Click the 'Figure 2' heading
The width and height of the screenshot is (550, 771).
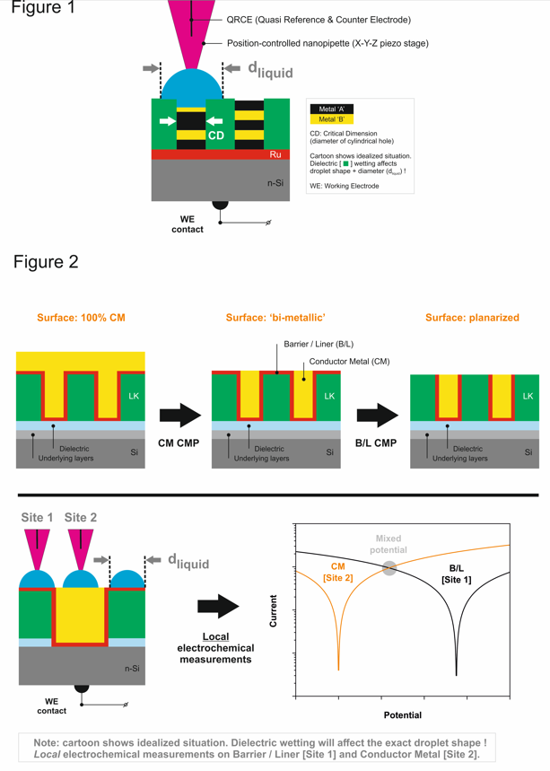pyautogui.click(x=46, y=262)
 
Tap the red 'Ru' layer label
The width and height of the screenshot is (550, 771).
pyautogui.click(x=275, y=154)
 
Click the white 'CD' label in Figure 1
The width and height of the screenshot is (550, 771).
pyautogui.click(x=215, y=136)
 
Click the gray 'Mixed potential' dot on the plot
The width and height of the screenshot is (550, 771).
pyautogui.click(x=388, y=567)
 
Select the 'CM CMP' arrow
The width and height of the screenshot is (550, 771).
pyautogui.click(x=179, y=416)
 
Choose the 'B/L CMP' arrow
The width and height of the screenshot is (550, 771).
pyautogui.click(x=377, y=416)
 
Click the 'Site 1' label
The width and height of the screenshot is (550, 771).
pyautogui.click(x=36, y=518)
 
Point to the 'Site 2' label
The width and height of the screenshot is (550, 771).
pyautogui.click(x=81, y=518)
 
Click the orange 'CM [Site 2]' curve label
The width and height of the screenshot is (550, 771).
pyautogui.click(x=339, y=573)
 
